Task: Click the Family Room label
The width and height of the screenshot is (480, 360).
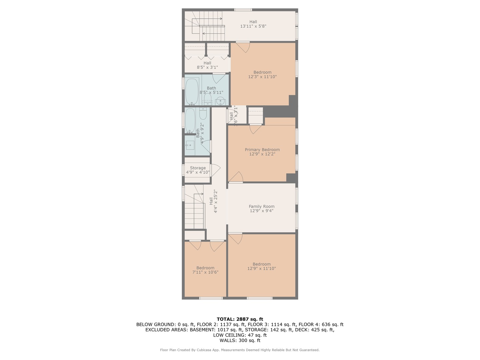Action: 261,206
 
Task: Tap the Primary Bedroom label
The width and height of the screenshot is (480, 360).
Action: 262,150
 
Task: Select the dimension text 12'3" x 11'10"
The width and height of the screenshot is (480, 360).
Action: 262,77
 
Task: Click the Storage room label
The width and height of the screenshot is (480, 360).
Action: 198,168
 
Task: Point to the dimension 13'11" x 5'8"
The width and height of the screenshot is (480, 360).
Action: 253,26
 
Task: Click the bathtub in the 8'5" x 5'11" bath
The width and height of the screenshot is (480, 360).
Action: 192,91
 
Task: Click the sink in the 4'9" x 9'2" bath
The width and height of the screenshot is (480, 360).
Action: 190,145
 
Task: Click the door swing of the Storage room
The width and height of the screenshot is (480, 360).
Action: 214,170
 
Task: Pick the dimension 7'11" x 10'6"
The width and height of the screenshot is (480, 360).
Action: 205,272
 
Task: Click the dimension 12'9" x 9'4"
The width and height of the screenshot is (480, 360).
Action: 261,211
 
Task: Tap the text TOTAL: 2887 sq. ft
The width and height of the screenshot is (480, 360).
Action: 240,319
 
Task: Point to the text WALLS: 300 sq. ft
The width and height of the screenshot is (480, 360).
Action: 240,340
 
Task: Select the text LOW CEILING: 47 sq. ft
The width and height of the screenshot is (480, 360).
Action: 240,335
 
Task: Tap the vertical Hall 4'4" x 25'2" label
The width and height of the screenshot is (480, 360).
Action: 213,201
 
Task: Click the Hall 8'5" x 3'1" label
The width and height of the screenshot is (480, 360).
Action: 207,65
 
